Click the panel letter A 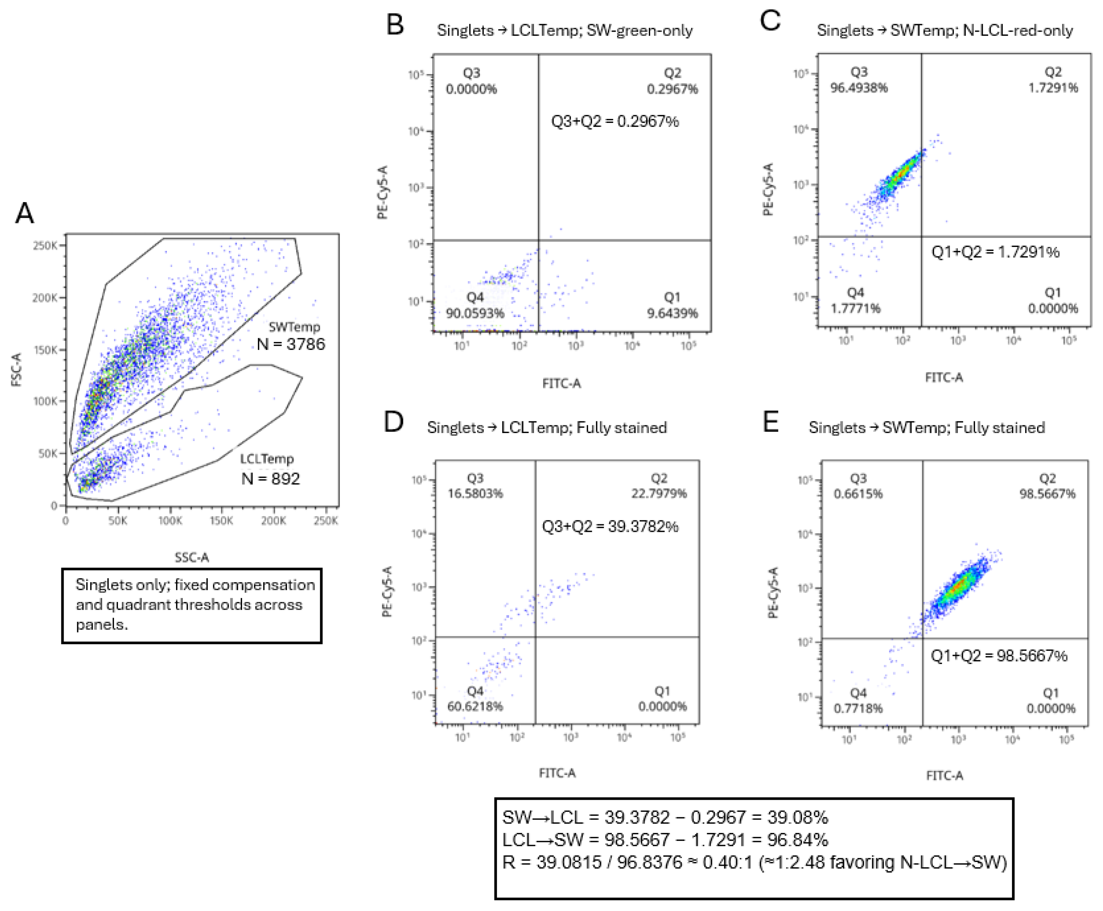(x=24, y=213)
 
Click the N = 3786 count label (x=290, y=344)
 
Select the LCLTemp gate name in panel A (x=266, y=459)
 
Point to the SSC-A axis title (x=191, y=557)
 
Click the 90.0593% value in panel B (x=475, y=313)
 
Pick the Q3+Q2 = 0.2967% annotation (x=615, y=121)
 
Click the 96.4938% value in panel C (x=859, y=88)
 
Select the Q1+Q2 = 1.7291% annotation (x=995, y=252)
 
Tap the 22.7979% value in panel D (x=659, y=493)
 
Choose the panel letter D (x=394, y=422)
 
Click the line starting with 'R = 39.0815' (x=754, y=862)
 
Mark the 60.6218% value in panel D (x=475, y=706)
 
